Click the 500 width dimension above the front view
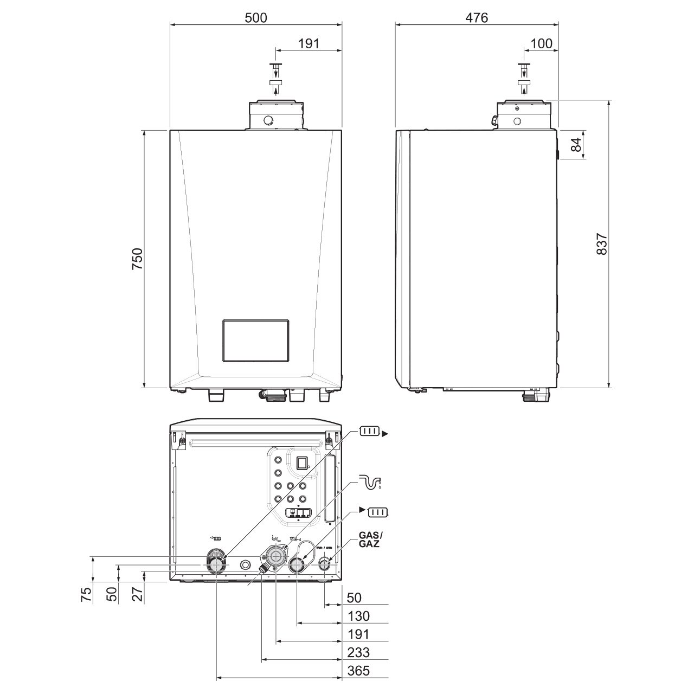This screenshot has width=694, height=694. (x=256, y=17)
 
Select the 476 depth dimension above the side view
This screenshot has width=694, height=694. (x=477, y=17)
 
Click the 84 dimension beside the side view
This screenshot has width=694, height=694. (x=576, y=144)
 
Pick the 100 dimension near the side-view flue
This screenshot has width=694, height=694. (x=541, y=43)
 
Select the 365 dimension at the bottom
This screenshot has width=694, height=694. (x=359, y=671)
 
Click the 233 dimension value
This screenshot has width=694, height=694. (x=359, y=652)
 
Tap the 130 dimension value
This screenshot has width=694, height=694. (x=359, y=616)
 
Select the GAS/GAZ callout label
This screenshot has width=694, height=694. (x=369, y=539)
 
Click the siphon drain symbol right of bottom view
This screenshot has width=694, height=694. (x=370, y=481)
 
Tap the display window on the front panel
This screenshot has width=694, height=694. (x=255, y=340)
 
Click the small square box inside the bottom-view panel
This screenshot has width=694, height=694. (x=302, y=462)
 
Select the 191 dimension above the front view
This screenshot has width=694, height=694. (x=309, y=43)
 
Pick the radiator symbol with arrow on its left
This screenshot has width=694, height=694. (x=374, y=512)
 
